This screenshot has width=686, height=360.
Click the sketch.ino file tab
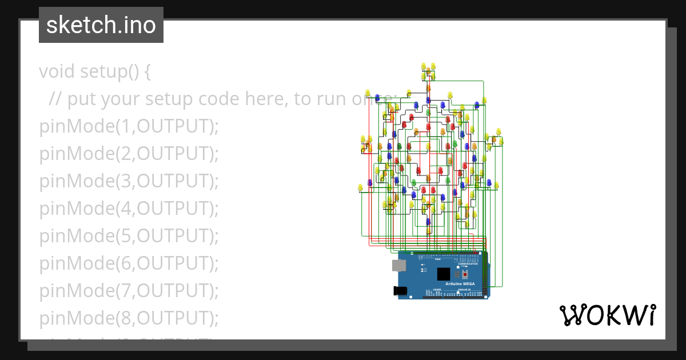click(101, 25)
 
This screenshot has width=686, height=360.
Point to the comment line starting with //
click(217, 99)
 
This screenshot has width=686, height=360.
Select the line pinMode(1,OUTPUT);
click(129, 126)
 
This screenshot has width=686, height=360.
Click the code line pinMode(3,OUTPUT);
click(129, 181)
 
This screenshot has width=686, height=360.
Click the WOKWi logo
click(607, 315)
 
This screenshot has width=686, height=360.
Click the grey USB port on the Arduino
click(398, 265)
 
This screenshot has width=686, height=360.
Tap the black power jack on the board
click(401, 291)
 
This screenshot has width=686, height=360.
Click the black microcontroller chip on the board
click(444, 274)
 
